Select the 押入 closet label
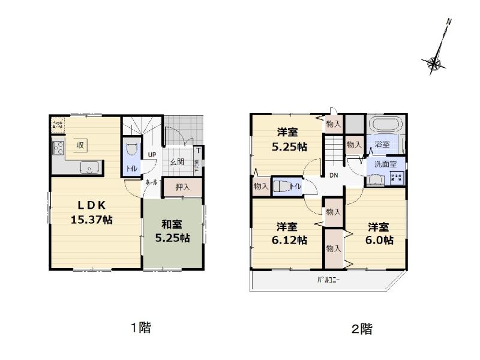point(182,187)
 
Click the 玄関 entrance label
point(176,161)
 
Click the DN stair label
point(333,175)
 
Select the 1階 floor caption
point(141,328)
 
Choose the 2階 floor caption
point(362,329)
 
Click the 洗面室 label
point(385,164)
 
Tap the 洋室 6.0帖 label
point(378,233)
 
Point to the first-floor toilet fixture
point(133,150)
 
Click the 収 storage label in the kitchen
point(79,145)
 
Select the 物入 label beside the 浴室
point(354,145)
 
